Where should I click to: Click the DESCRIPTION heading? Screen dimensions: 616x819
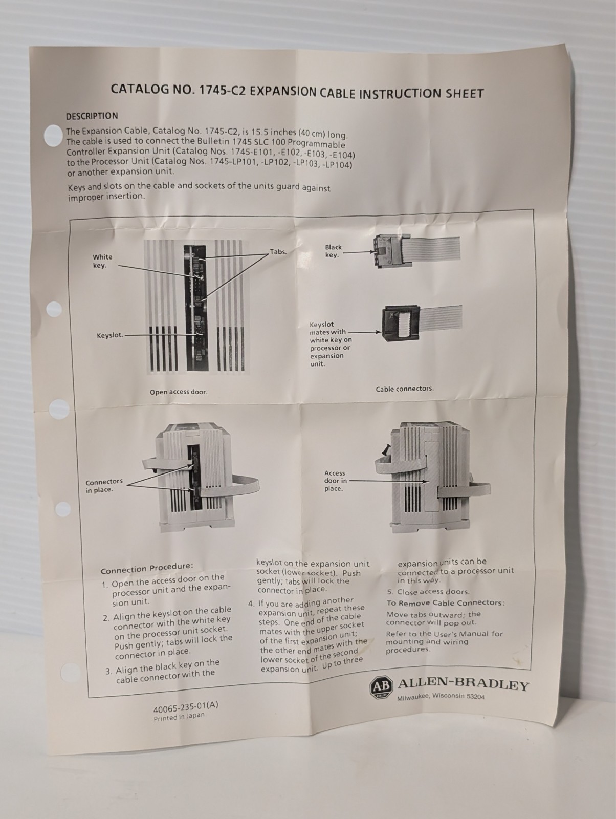point(92,116)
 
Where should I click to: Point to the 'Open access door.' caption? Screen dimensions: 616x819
point(179,392)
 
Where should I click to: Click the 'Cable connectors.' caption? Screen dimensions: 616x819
point(405,389)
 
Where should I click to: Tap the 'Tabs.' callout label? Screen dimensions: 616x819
point(278,252)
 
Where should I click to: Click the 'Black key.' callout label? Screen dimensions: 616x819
point(333,251)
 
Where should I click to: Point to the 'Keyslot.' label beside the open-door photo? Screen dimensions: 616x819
point(110,335)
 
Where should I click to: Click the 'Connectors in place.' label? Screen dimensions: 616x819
point(104,485)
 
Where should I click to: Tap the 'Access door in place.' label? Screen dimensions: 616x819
point(335,481)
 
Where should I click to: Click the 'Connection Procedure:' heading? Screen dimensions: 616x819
point(147,568)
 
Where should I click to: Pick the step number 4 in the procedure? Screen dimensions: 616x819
point(251,604)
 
